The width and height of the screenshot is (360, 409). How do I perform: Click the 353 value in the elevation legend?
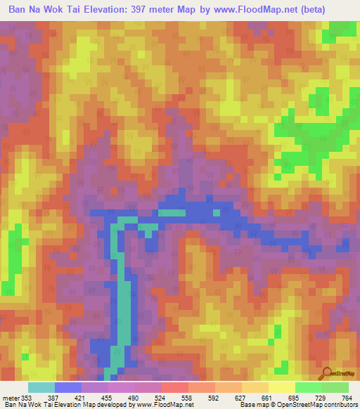click(x=26, y=398)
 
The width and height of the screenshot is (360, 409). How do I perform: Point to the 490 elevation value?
click(x=134, y=398)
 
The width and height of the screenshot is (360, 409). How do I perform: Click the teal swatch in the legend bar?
click(x=41, y=387)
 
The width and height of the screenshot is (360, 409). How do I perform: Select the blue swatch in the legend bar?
click(x=68, y=387)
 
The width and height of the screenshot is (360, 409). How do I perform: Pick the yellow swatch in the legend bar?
click(x=281, y=387)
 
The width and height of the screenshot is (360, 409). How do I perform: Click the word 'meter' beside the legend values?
click(x=9, y=398)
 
